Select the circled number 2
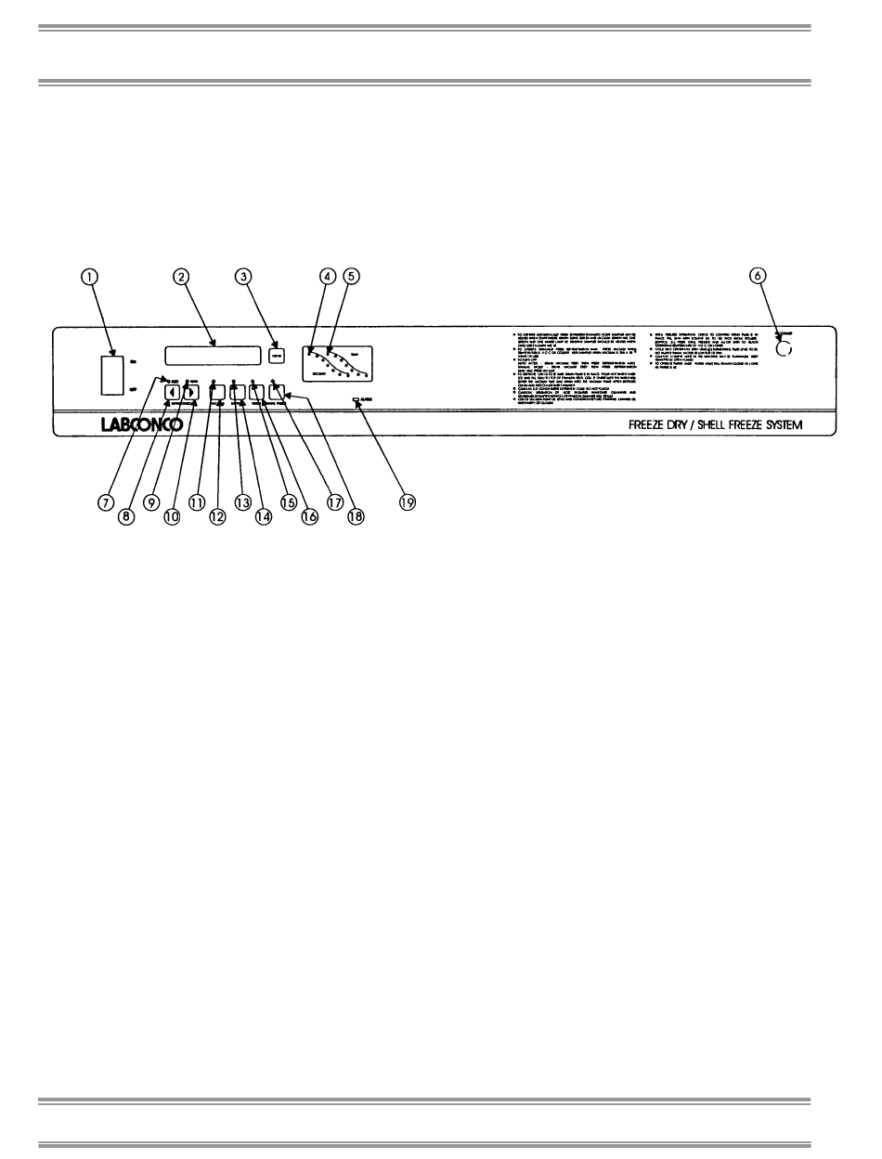[x=181, y=276]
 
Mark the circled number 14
[x=264, y=517]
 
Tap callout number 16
[x=309, y=517]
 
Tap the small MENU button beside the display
[x=276, y=354]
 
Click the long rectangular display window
[x=212, y=354]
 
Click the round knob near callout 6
[x=785, y=349]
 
